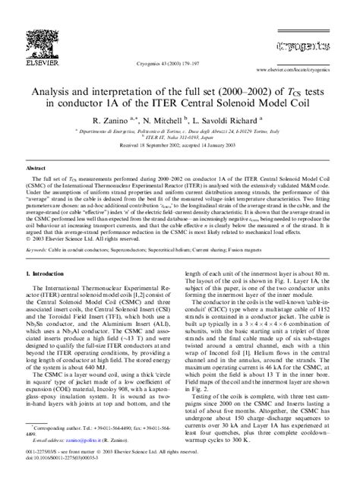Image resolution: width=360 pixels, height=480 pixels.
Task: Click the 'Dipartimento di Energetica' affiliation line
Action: coord(180,131)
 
